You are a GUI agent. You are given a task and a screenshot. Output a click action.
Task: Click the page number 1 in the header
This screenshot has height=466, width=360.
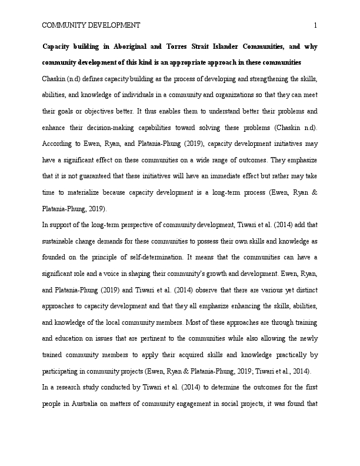tap(316, 25)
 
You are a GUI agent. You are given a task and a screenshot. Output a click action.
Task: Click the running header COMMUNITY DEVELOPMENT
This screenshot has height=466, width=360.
tap(91, 25)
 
